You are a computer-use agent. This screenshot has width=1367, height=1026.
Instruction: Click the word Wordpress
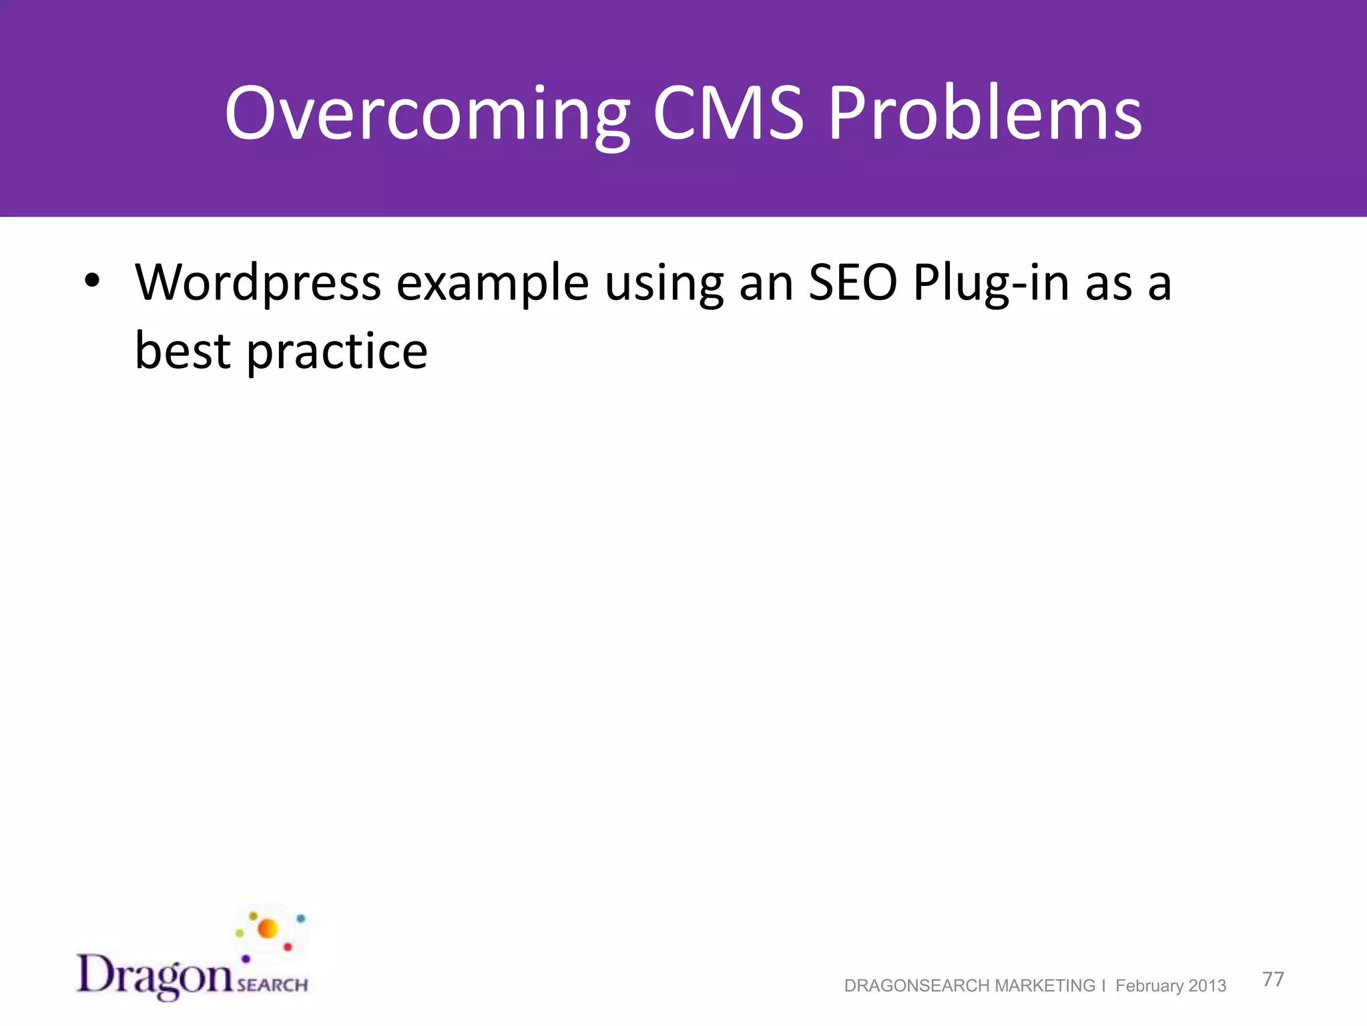[x=258, y=283]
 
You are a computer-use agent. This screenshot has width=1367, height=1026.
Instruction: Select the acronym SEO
[x=852, y=283]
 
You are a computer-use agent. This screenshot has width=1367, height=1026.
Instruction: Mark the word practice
[x=337, y=353]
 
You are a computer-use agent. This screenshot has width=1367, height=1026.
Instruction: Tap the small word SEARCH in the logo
[x=272, y=985]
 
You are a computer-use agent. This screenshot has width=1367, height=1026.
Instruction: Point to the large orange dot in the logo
[x=268, y=928]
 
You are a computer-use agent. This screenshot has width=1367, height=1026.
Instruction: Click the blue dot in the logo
[x=301, y=919]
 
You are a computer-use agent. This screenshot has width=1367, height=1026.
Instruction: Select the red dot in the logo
[x=288, y=947]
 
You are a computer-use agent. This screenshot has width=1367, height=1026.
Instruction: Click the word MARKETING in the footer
[x=1045, y=986]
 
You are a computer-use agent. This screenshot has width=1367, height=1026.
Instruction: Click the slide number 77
[x=1273, y=979]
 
